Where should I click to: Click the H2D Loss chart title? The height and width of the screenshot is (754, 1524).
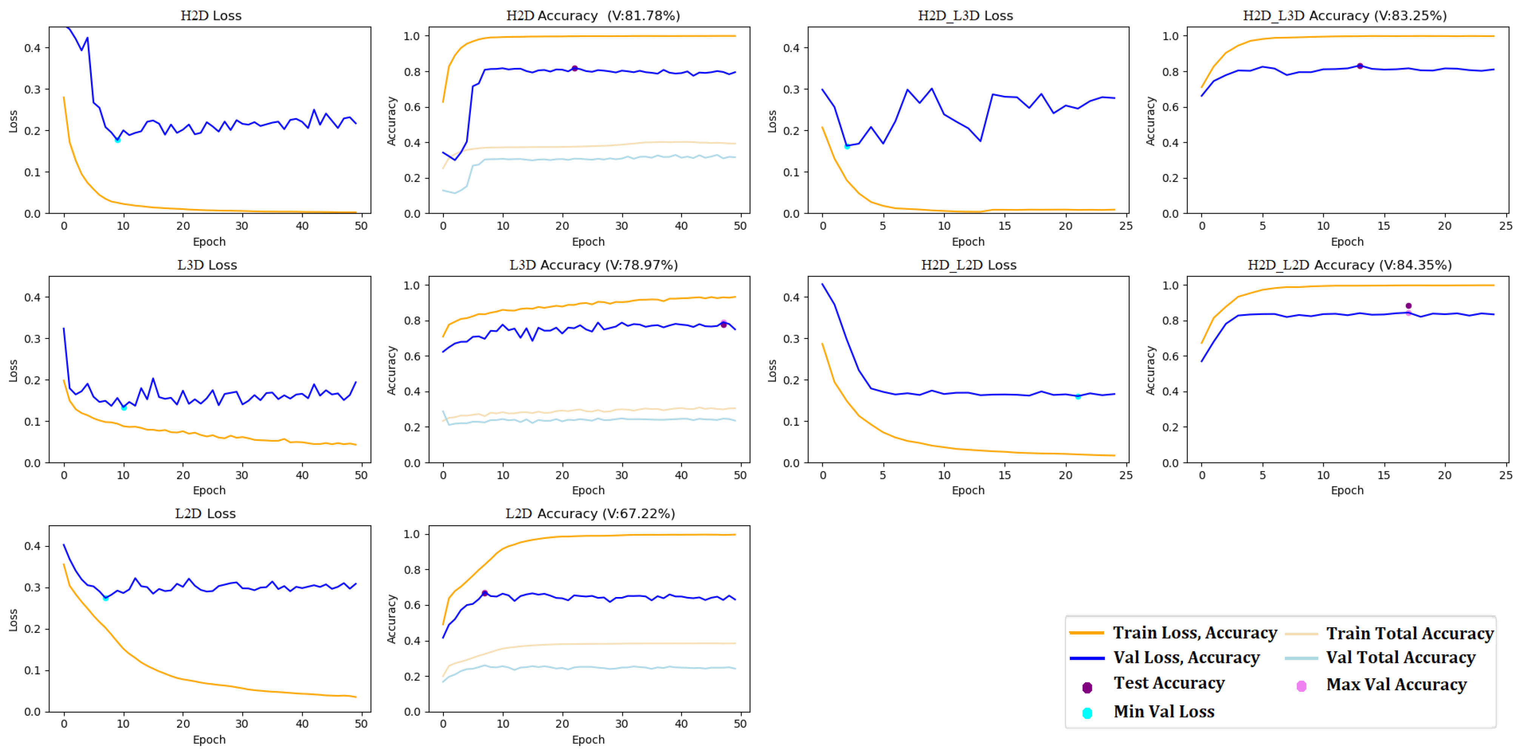(x=211, y=15)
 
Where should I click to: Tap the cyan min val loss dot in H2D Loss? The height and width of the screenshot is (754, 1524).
(x=117, y=140)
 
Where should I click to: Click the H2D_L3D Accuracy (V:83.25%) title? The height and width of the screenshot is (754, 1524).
(x=1344, y=15)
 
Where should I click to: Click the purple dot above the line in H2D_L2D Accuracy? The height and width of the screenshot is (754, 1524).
(x=1408, y=306)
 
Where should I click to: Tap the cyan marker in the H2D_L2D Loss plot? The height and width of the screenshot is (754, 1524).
(x=1078, y=397)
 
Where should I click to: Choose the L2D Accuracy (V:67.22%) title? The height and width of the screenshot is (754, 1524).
(x=590, y=513)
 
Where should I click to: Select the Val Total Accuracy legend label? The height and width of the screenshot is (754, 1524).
(x=1400, y=658)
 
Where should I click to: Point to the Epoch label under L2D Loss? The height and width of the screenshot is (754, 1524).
(x=209, y=739)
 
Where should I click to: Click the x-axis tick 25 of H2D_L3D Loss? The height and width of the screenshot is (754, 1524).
(x=1125, y=226)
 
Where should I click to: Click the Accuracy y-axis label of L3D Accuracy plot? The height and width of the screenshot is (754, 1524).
(x=391, y=370)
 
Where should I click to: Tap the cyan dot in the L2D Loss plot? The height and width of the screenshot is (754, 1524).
(x=105, y=599)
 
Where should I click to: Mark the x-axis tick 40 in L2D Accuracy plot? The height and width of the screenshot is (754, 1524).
(x=681, y=724)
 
